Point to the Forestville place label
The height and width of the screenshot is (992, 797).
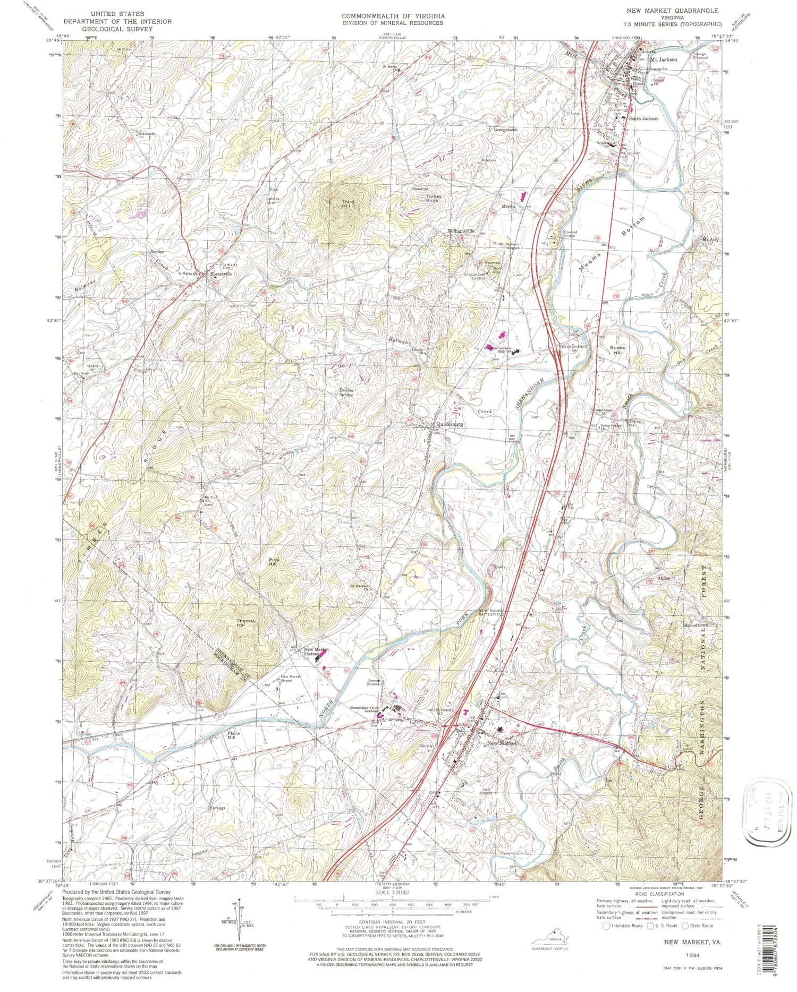[x=222, y=274]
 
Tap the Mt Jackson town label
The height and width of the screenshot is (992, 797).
[x=664, y=59]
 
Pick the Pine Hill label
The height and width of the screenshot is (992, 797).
[x=274, y=562]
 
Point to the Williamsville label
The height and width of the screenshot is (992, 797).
[x=460, y=232]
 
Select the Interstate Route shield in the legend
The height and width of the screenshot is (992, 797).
[x=605, y=926]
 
